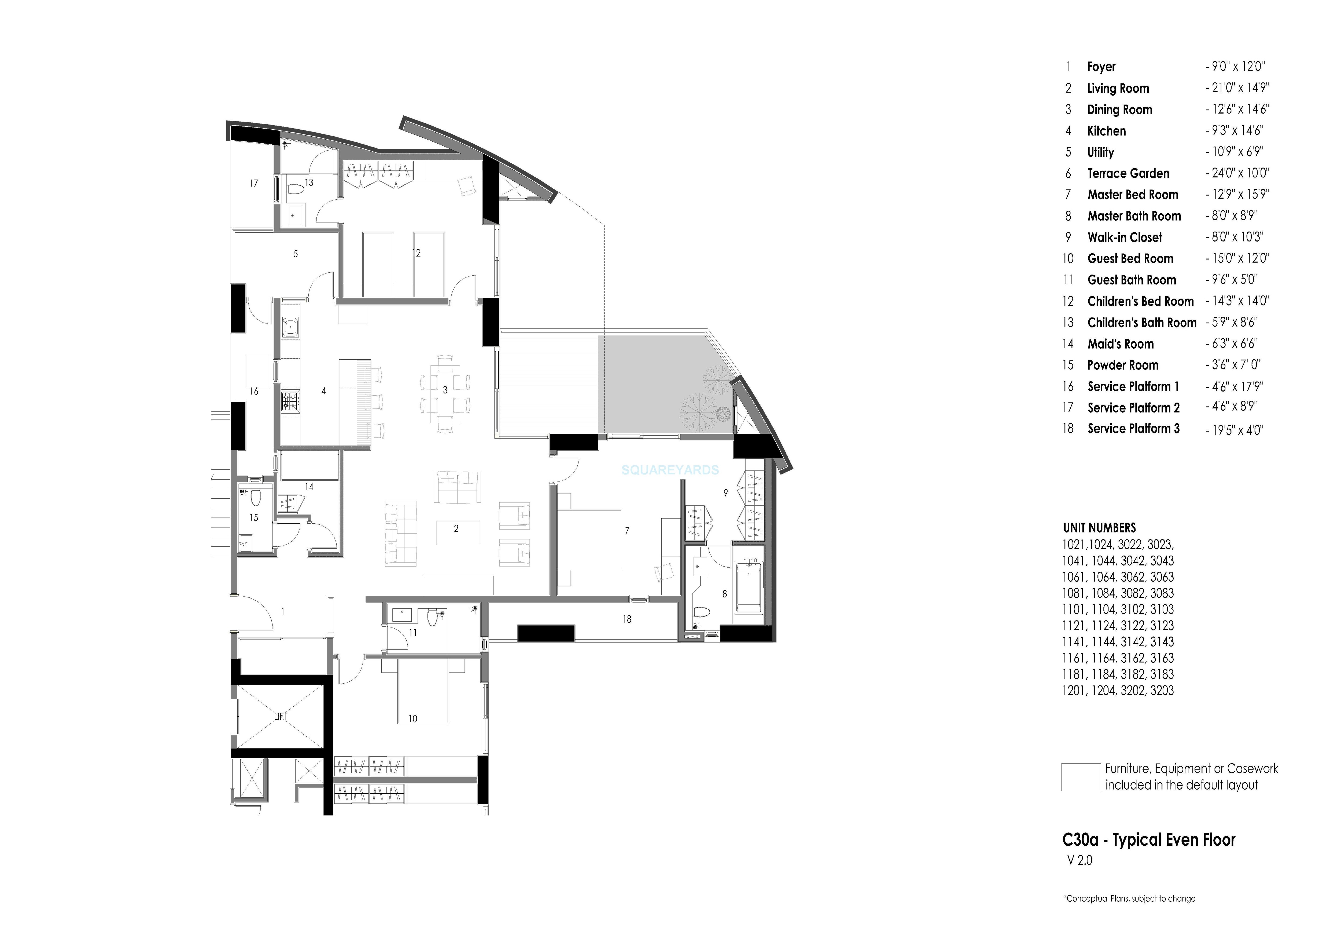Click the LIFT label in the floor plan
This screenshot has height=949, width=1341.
point(280,716)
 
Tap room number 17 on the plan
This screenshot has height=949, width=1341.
point(253,184)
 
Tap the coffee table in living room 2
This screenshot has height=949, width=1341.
point(458,532)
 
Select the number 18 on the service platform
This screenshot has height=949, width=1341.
point(627,619)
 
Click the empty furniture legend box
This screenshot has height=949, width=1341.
point(1081,777)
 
